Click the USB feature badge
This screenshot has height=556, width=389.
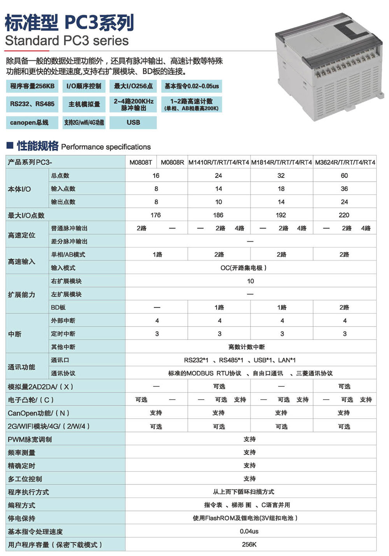(133, 123)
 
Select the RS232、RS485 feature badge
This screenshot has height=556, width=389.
(32, 104)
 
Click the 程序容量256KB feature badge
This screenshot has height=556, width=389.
(32, 86)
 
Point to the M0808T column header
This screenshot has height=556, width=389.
(141, 162)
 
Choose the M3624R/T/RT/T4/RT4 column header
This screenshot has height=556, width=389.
(345, 162)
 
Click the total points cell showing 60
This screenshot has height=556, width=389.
(344, 175)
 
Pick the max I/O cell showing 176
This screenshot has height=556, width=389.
(156, 215)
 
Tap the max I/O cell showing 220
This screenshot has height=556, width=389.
(344, 215)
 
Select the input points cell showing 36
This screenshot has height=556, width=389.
(344, 189)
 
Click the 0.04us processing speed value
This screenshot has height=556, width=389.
(249, 531)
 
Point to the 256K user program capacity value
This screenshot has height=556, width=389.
(249, 544)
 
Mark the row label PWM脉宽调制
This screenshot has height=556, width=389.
(30, 439)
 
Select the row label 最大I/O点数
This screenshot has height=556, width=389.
(26, 215)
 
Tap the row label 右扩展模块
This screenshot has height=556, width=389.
(66, 281)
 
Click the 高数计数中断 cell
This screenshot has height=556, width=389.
(246, 347)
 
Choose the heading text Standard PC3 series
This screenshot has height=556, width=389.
(67, 40)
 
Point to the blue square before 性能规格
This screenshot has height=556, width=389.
(10, 146)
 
